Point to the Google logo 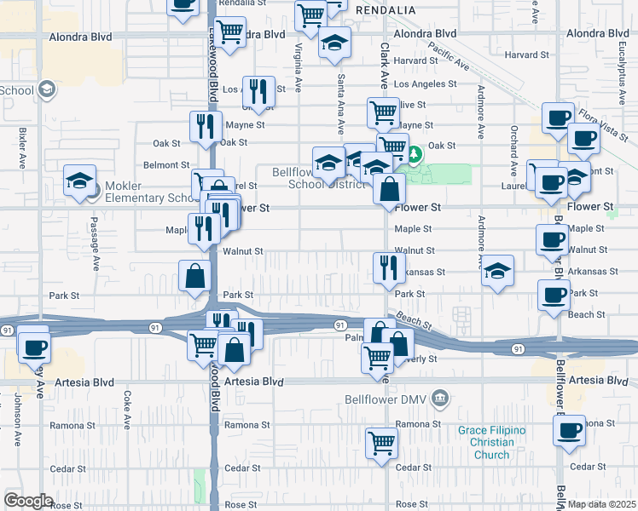[x=28, y=501]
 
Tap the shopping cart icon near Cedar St [x=381, y=442]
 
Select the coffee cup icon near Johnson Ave [x=35, y=347]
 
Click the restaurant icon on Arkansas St [x=388, y=267]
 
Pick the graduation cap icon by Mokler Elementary [x=79, y=181]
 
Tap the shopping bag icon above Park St [x=194, y=275]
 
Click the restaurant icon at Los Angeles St [x=258, y=91]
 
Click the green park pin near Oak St [x=414, y=155]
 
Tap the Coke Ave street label [x=126, y=409]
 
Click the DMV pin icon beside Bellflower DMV [x=439, y=398]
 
